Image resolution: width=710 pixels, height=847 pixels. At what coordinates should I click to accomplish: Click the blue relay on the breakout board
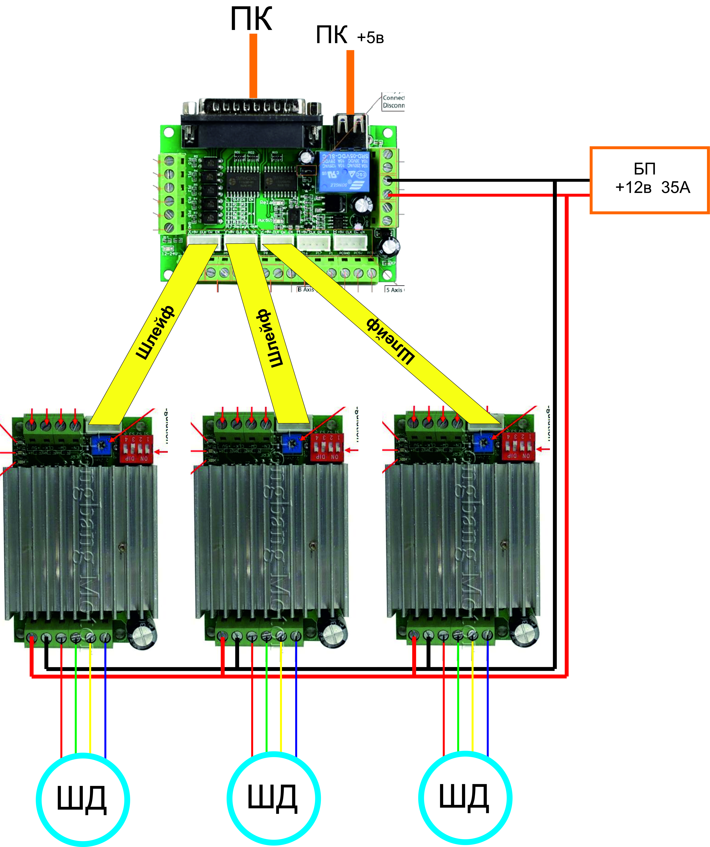tap(344, 171)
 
